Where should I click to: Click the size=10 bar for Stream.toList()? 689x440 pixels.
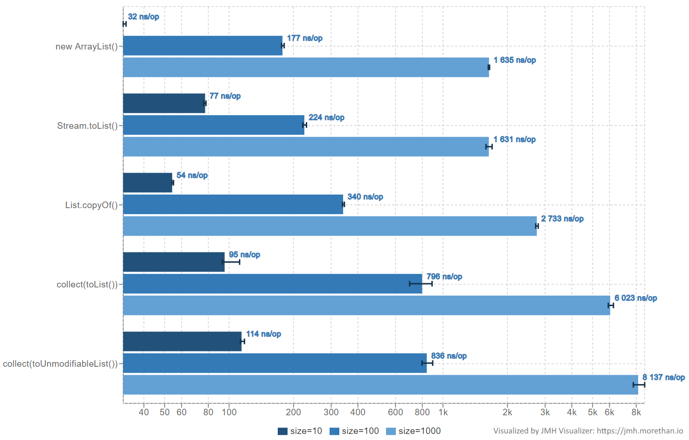point(164,103)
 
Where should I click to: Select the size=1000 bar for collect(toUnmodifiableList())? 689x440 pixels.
point(380,384)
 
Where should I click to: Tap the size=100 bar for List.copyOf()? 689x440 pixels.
point(233,204)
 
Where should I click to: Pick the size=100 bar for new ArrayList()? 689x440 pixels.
point(203,46)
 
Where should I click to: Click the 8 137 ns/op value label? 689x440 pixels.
point(663,377)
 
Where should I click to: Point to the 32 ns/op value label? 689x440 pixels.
point(143,17)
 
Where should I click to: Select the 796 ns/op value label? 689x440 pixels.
point(444,277)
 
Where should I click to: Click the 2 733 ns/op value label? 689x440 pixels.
point(562,219)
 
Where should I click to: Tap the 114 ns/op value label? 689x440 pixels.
point(263,334)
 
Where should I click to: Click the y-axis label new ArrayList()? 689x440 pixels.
point(86,47)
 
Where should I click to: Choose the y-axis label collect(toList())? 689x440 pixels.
point(87,285)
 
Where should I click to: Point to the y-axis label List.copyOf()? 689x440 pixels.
point(91,205)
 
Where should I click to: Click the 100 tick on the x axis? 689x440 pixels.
point(229,412)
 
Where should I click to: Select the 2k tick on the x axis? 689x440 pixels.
point(507,412)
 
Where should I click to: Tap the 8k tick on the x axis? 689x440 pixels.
point(636,412)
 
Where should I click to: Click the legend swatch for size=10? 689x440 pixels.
point(282,431)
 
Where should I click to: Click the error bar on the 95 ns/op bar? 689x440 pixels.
point(232,262)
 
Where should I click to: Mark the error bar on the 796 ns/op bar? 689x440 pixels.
point(421,284)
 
